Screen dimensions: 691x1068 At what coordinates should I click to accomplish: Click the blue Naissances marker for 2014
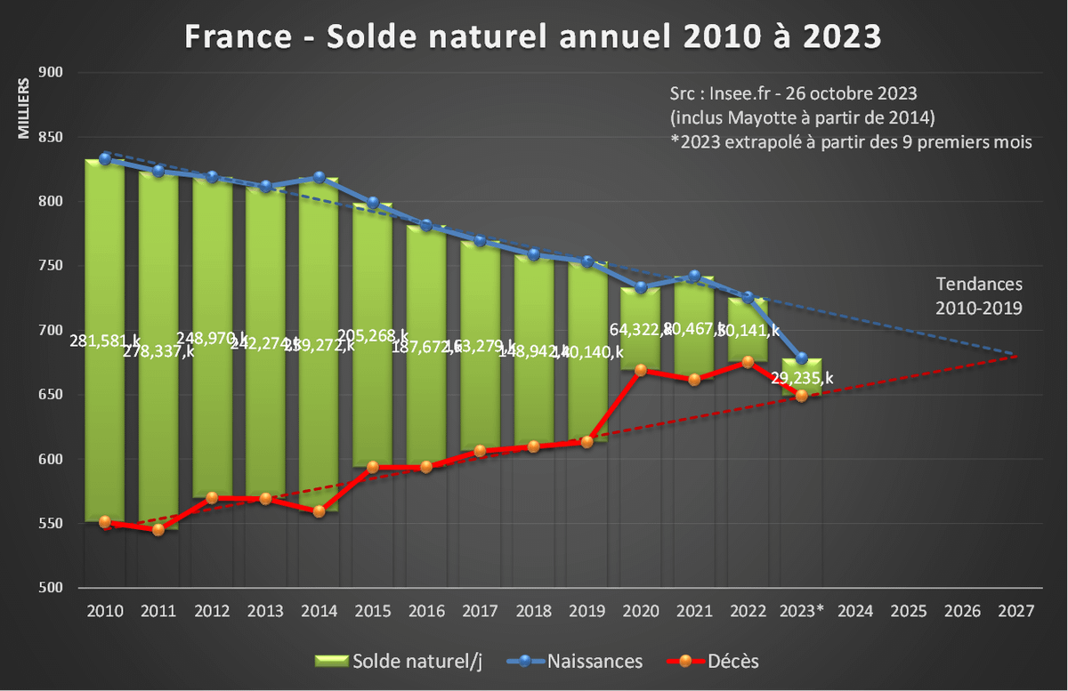pyautogui.click(x=319, y=178)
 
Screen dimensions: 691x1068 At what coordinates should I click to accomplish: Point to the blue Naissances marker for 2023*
pyautogui.click(x=801, y=358)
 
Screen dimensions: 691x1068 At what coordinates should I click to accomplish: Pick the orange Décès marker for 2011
pyautogui.click(x=158, y=529)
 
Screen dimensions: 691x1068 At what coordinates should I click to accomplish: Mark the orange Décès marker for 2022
pyautogui.click(x=748, y=362)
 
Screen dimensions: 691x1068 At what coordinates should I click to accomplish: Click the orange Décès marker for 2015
pyautogui.click(x=373, y=467)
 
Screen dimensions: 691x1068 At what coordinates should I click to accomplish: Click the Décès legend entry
pyautogui.click(x=713, y=661)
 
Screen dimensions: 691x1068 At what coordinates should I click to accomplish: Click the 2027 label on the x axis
pyautogui.click(x=1015, y=612)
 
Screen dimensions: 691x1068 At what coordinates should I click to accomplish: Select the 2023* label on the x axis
pyautogui.click(x=801, y=612)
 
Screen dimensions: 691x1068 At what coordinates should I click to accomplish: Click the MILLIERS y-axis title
pyautogui.click(x=24, y=108)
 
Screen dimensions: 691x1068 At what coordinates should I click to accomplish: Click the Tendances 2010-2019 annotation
pyautogui.click(x=979, y=296)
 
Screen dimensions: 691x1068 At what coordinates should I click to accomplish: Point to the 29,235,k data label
pyautogui.click(x=802, y=378)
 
